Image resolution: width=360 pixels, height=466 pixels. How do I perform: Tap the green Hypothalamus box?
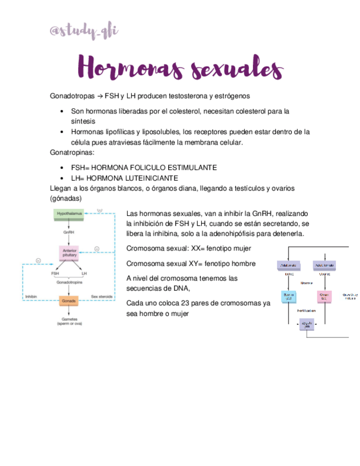tap(69, 215)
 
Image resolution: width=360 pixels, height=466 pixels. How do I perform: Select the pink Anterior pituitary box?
tap(69, 253)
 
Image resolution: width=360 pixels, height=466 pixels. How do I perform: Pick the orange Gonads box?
tap(69, 301)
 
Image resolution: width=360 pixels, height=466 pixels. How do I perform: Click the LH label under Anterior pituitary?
tap(84, 273)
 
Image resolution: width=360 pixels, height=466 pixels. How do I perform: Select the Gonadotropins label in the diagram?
tap(69, 281)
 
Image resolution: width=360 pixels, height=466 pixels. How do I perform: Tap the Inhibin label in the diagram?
tap(31, 297)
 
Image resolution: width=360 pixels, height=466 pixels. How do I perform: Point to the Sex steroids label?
tap(102, 297)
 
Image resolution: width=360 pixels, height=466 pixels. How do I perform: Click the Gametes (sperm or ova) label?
tap(69, 321)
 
